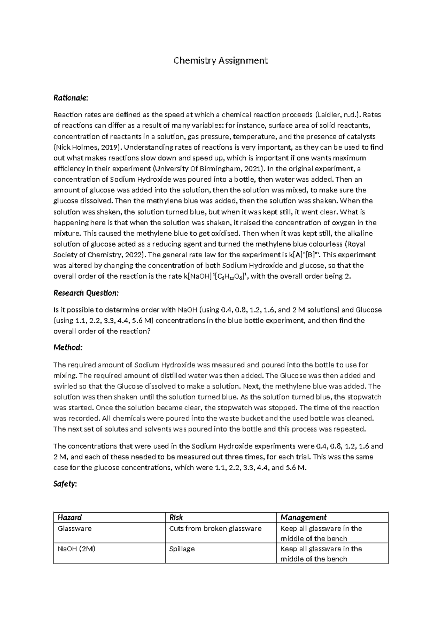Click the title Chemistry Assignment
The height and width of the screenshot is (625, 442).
click(x=221, y=60)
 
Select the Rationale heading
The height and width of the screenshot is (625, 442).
click(x=71, y=98)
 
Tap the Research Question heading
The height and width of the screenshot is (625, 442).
click(x=86, y=293)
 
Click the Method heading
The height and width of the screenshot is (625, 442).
click(x=68, y=348)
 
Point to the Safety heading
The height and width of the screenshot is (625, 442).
click(x=65, y=484)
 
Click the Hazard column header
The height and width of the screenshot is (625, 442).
click(x=70, y=517)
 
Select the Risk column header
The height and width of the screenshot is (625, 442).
click(x=176, y=517)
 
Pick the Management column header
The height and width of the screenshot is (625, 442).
click(x=303, y=517)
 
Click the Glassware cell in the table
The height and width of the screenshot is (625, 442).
click(x=74, y=528)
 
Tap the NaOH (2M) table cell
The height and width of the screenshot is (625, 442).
click(x=76, y=549)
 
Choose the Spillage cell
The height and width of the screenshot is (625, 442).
click(x=182, y=549)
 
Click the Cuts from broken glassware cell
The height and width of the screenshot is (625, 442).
click(x=215, y=528)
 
